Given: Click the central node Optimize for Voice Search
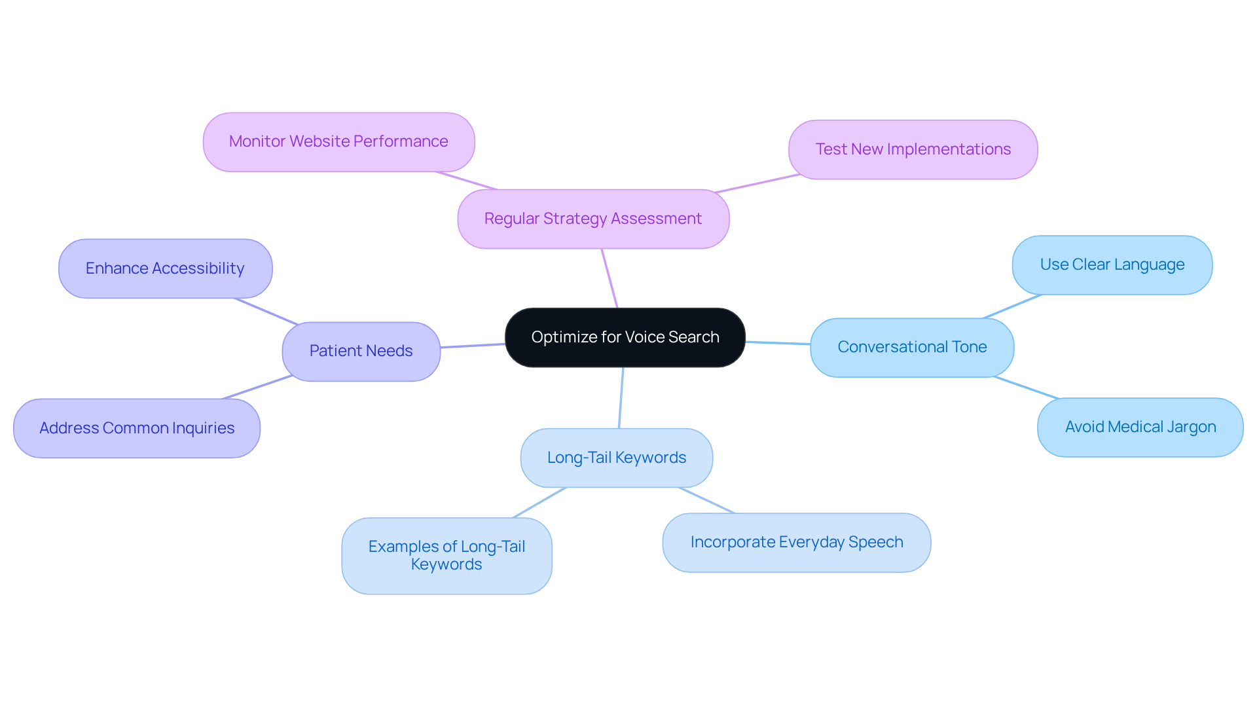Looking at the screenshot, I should (x=625, y=337).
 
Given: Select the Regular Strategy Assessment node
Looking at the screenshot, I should (x=593, y=219).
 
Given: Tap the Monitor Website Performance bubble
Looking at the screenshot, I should (x=338, y=141).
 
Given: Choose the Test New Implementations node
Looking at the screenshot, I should (x=913, y=149).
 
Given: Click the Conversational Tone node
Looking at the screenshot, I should (x=912, y=347).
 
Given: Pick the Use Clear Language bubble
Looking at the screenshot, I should (x=1112, y=264).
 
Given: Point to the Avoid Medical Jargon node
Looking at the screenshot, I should (x=1140, y=427).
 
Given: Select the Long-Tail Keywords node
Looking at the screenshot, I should (x=616, y=458).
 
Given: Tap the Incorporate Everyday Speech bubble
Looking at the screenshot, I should (x=796, y=542).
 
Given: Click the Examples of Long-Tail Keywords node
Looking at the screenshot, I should (x=446, y=555).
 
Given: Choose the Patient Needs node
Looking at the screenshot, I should (x=361, y=351).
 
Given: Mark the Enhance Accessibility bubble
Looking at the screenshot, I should (x=165, y=268).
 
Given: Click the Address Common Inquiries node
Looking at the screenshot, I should (x=137, y=428).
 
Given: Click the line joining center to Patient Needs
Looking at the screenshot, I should (x=473, y=346).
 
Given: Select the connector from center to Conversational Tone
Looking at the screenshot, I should (x=778, y=342).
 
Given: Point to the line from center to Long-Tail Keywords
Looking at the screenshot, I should (x=621, y=397).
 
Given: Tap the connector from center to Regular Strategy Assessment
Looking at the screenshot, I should (x=610, y=278).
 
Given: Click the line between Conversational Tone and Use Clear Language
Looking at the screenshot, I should (x=1012, y=306).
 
